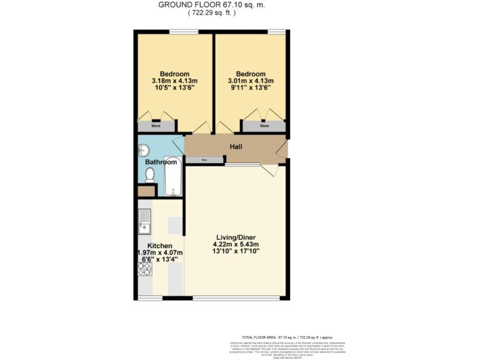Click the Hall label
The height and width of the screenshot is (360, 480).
235,147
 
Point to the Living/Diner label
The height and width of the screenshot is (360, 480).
237,237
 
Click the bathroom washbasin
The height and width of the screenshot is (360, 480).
144,150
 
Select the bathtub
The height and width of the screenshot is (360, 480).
172,177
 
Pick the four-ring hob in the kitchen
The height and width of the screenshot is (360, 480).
144,268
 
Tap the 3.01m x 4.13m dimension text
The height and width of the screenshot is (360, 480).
251,81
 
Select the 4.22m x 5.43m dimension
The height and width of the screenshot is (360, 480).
237,244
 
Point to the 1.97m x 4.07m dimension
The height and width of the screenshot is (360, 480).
159,252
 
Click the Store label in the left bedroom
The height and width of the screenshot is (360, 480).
156,126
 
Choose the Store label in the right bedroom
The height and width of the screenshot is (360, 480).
264,126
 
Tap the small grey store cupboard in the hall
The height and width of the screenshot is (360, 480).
204,160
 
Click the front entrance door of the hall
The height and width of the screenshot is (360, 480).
282,150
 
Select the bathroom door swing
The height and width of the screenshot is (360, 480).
178,144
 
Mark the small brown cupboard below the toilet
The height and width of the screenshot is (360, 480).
145,191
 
